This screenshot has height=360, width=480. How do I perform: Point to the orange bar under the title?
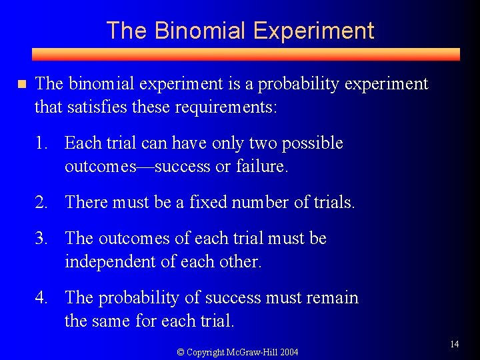[x=246, y=55]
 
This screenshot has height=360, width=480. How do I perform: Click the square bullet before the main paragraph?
[x=21, y=84]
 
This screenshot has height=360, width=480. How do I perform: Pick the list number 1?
[x=41, y=143]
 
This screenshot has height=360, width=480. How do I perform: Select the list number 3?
[x=41, y=239]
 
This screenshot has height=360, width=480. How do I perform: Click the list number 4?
[x=41, y=298]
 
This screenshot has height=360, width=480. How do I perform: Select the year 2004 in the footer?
[x=289, y=352]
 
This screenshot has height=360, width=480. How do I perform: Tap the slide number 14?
[x=454, y=344]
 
